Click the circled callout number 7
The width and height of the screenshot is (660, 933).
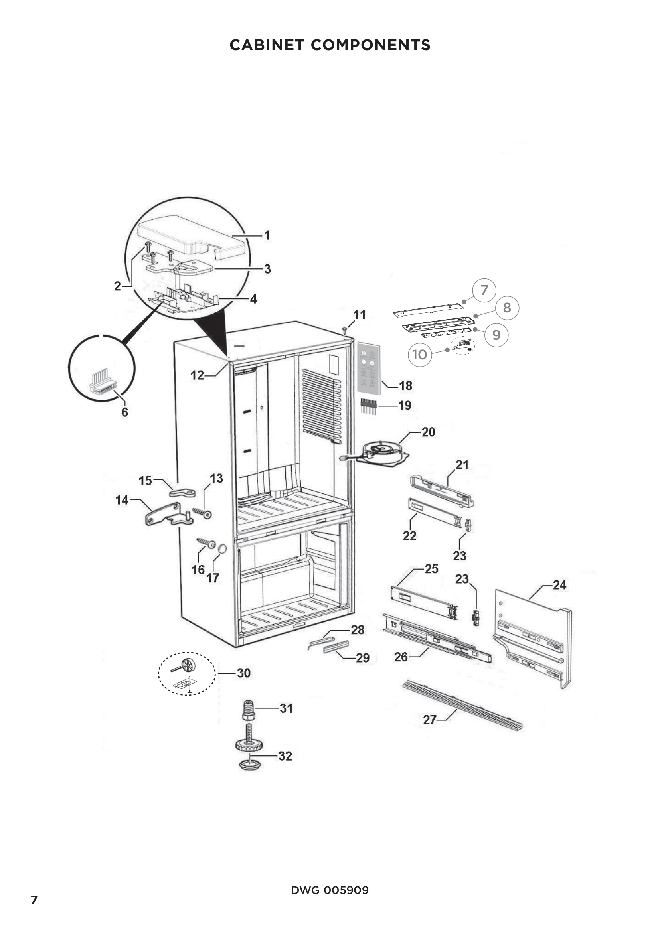tap(484, 290)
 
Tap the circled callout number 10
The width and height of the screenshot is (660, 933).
tap(419, 355)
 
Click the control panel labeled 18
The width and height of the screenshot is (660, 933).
tap(369, 369)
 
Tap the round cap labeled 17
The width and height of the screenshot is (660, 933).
tap(222, 549)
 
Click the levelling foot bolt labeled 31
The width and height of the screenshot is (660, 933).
tap(248, 710)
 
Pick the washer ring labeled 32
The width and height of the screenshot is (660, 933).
tap(249, 765)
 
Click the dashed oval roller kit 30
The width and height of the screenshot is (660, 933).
tap(186, 673)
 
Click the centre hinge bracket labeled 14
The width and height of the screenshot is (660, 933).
tap(167, 515)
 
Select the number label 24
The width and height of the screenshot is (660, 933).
tap(559, 585)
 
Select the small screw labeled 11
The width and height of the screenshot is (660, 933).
tap(345, 327)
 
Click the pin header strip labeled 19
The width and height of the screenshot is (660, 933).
tap(368, 406)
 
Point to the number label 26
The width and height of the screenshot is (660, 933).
tap(401, 657)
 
